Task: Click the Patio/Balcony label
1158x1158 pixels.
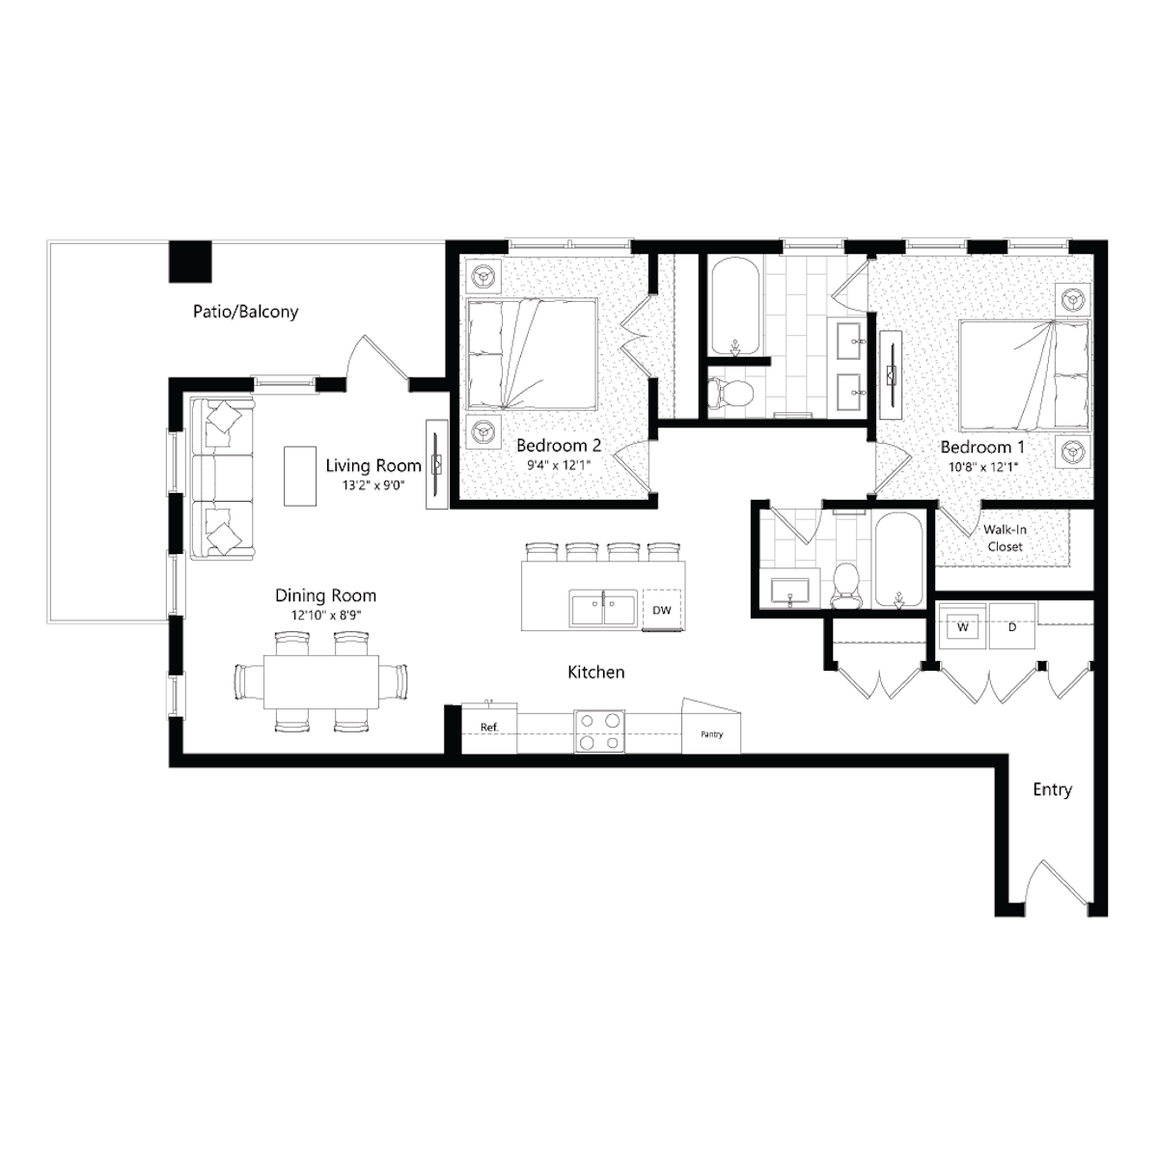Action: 245,312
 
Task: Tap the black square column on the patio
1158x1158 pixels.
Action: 190,262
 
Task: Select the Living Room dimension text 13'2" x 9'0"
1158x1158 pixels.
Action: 373,485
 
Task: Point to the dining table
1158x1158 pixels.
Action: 321,681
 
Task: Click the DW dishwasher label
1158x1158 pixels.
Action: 662,610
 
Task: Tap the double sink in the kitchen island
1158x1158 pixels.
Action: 603,608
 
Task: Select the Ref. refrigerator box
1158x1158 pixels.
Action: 489,729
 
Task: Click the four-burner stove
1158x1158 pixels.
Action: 599,731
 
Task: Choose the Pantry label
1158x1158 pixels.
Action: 711,734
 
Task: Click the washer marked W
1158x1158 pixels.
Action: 963,627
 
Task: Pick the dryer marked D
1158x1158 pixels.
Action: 1012,627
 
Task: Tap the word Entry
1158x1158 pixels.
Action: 1052,789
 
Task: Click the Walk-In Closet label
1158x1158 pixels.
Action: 1005,538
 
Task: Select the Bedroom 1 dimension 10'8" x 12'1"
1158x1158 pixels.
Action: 982,466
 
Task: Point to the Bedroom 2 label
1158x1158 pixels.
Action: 559,445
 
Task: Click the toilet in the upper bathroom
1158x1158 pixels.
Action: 731,393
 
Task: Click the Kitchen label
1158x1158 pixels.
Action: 596,672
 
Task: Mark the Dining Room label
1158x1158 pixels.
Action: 326,595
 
